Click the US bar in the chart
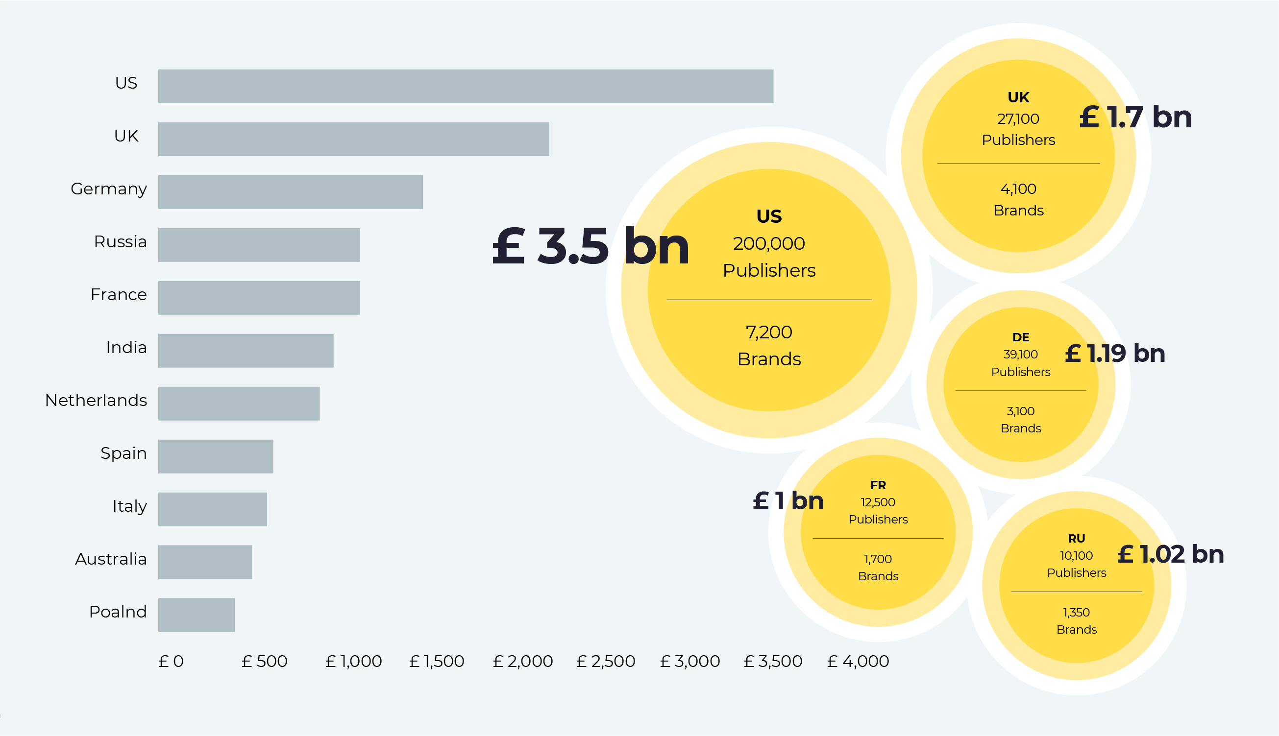pyautogui.click(x=465, y=87)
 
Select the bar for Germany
pyautogui.click(x=290, y=192)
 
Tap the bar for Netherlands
pyautogui.click(x=239, y=404)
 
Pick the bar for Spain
pyautogui.click(x=216, y=456)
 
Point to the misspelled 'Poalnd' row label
pyautogui.click(x=118, y=612)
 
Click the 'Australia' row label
pyautogui.click(x=111, y=559)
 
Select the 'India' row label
pyautogui.click(x=126, y=347)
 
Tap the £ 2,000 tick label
pyautogui.click(x=522, y=661)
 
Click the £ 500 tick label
pyautogui.click(x=264, y=661)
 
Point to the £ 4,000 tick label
pyautogui.click(x=858, y=661)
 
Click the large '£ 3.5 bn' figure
pyautogui.click(x=590, y=246)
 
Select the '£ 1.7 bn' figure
pyautogui.click(x=1135, y=117)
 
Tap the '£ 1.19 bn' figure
pyautogui.click(x=1115, y=354)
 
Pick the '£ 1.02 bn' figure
pyautogui.click(x=1170, y=554)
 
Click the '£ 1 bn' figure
pyautogui.click(x=788, y=501)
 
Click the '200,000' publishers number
pyautogui.click(x=769, y=244)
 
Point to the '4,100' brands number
pyautogui.click(x=1018, y=189)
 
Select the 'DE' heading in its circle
pyautogui.click(x=1021, y=337)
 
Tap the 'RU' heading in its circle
pyautogui.click(x=1076, y=538)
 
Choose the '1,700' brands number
pyautogui.click(x=878, y=559)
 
